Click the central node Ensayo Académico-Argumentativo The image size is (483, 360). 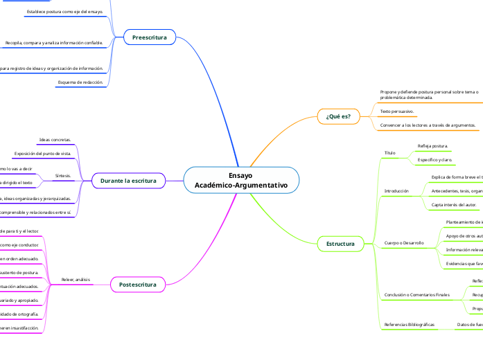(241, 181)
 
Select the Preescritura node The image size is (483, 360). (150, 37)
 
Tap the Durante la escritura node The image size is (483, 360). (128, 181)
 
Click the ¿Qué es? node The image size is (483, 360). (338, 116)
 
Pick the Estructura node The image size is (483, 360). (340, 244)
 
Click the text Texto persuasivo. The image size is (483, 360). (397, 111)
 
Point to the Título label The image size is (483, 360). (389, 152)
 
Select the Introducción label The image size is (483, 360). (397, 190)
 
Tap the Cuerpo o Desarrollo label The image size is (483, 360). (404, 243)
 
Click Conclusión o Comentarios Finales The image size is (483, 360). (416, 295)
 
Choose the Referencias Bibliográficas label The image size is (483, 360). (410, 324)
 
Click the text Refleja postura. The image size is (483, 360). (433, 146)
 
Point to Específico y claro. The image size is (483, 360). (435, 160)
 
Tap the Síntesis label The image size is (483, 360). (63, 176)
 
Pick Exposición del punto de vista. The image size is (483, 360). (43, 153)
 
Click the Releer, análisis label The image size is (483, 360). (76, 280)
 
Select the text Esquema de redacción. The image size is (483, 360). (80, 82)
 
